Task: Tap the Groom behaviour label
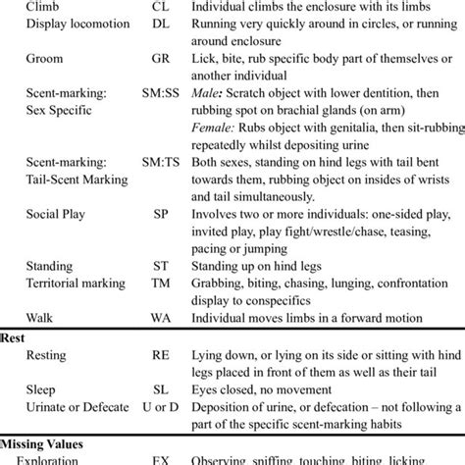[x=44, y=58]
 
